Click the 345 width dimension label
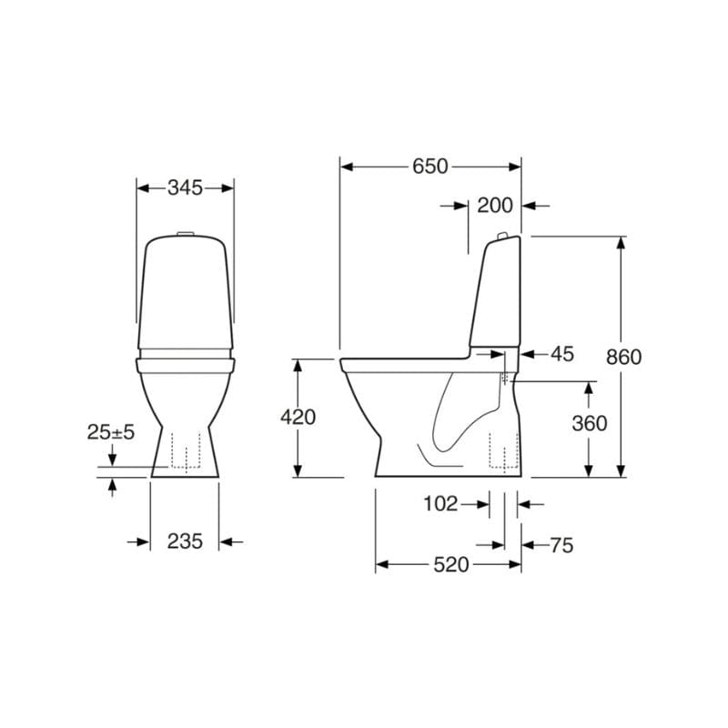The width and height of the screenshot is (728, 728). (x=185, y=188)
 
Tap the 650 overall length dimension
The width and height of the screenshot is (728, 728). (x=430, y=167)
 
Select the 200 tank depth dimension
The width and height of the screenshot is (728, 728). (x=495, y=206)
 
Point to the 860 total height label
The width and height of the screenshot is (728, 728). (x=623, y=357)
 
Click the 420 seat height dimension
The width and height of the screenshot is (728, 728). (x=298, y=417)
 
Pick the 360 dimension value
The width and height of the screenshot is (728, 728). (x=589, y=423)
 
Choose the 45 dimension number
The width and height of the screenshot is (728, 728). (x=562, y=354)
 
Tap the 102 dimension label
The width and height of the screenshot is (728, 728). (x=440, y=504)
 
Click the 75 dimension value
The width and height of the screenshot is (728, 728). (x=561, y=545)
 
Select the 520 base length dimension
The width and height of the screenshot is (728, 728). (x=450, y=565)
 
